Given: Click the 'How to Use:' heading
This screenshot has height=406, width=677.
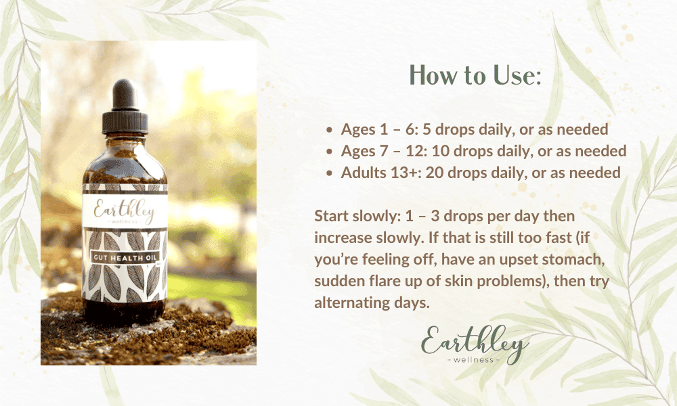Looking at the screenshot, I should [476, 76].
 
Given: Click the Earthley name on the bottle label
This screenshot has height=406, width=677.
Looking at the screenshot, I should [125, 210].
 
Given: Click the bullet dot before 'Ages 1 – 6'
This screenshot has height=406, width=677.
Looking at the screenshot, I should [329, 129].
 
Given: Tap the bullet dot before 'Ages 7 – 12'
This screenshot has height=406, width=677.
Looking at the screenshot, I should [329, 150].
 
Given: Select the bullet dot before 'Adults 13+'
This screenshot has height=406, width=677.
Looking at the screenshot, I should [329, 173].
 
